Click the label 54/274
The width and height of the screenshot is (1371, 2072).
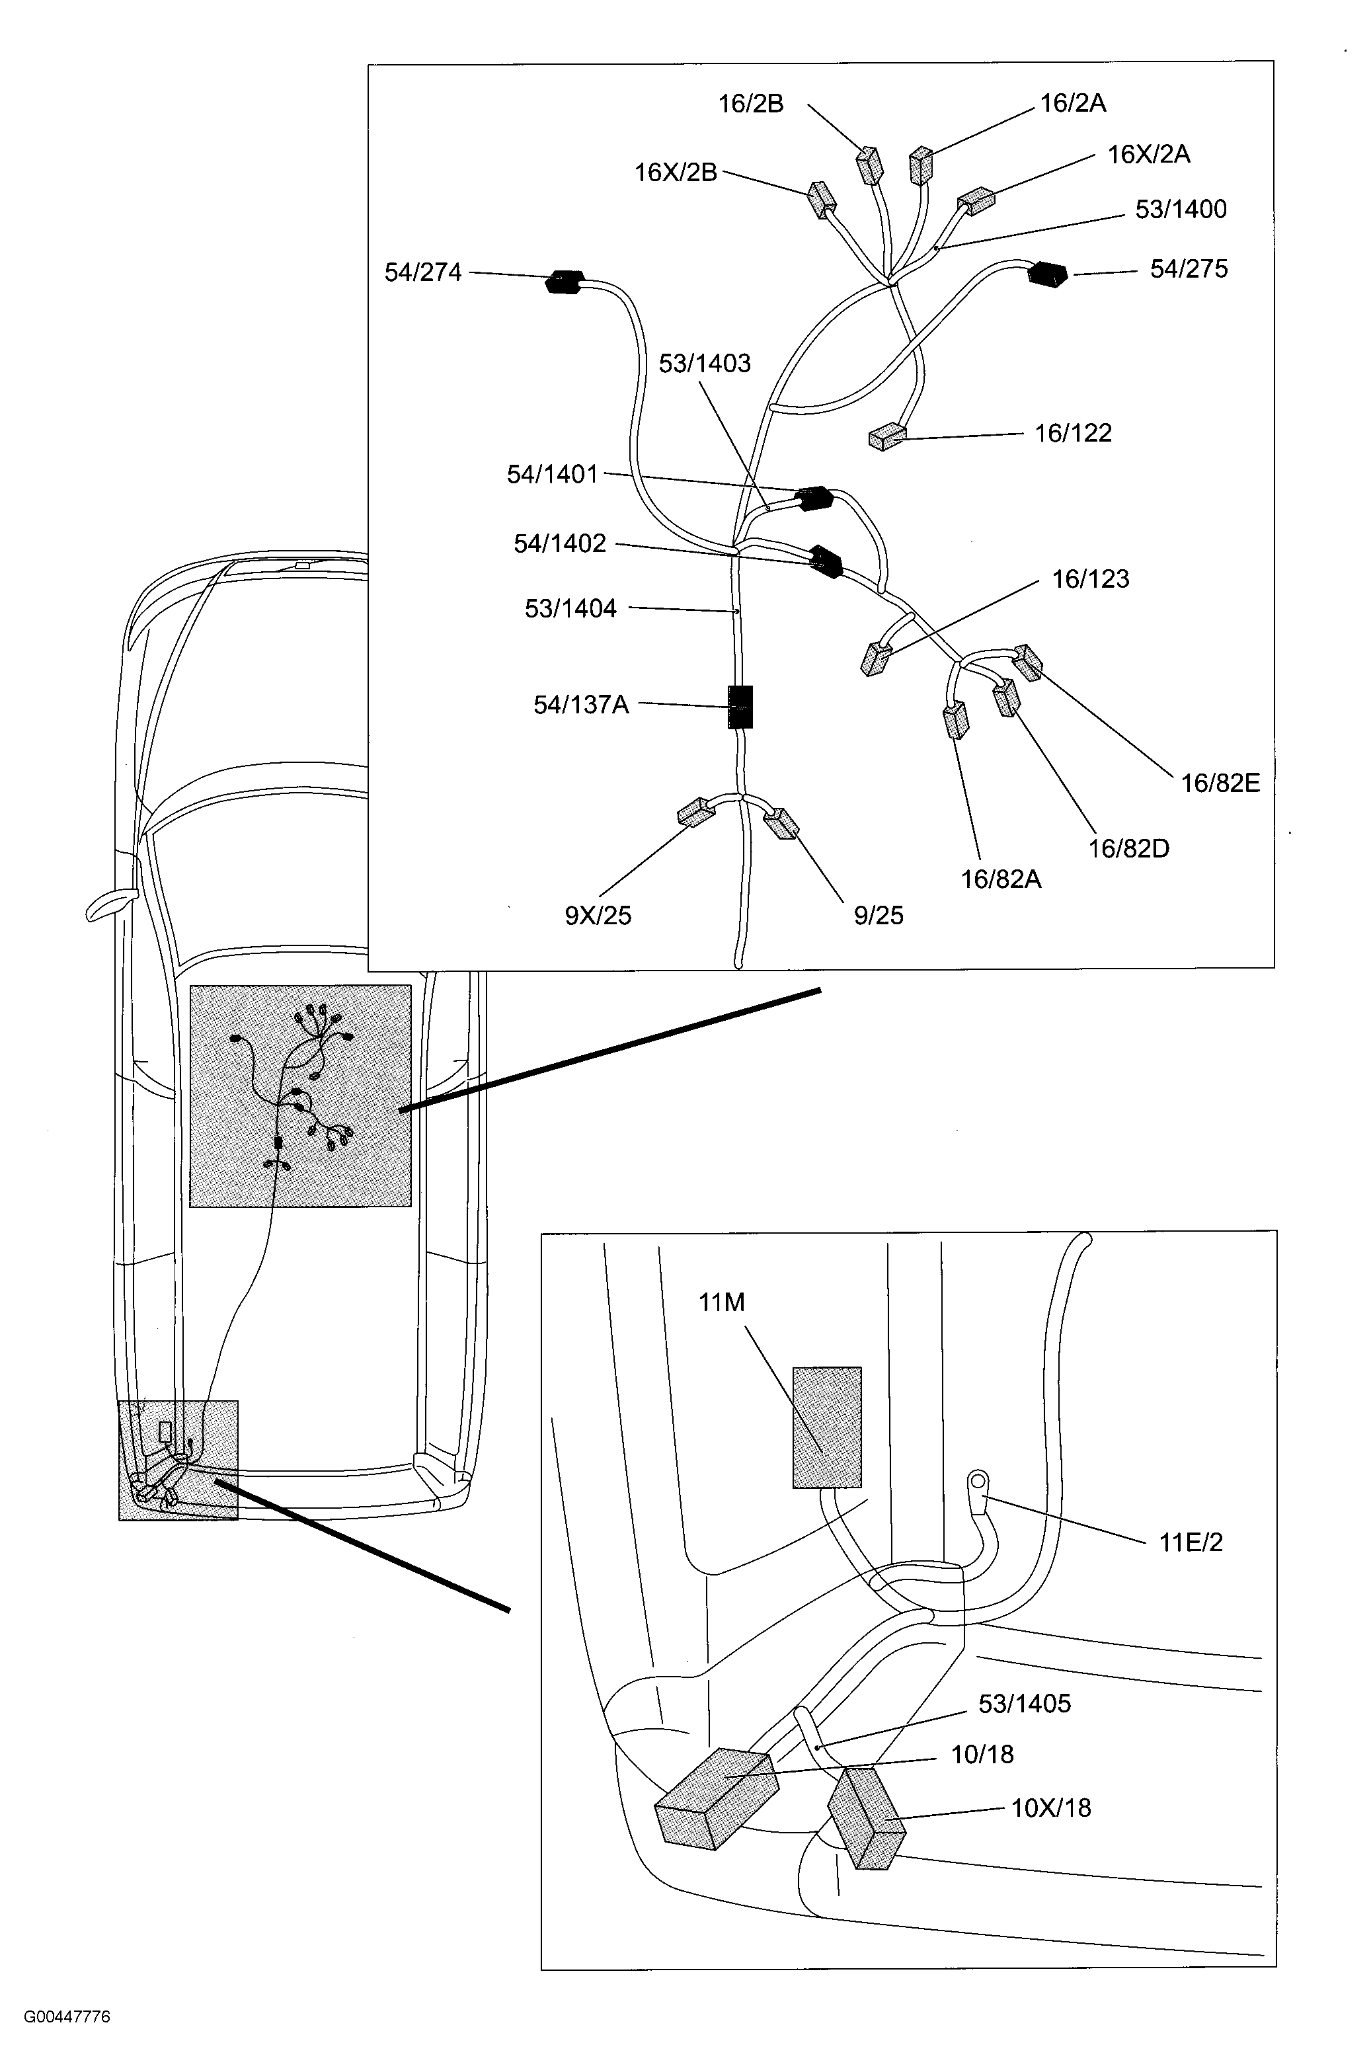[423, 273]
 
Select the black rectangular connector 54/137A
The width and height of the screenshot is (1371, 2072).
[740, 706]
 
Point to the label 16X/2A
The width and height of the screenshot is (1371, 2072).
[1148, 155]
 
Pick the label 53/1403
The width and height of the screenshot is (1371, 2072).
[704, 364]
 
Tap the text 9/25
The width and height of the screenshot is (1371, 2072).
[878, 916]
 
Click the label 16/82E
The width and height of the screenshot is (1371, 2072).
[1220, 783]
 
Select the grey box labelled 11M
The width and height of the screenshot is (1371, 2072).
[826, 1427]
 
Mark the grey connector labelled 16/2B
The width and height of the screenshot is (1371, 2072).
[869, 165]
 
